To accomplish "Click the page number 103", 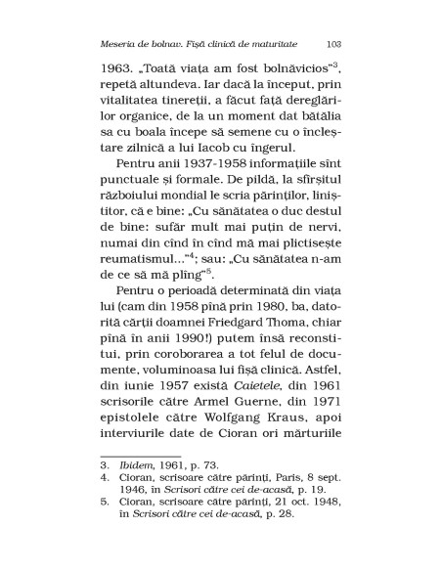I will (x=332, y=43).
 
